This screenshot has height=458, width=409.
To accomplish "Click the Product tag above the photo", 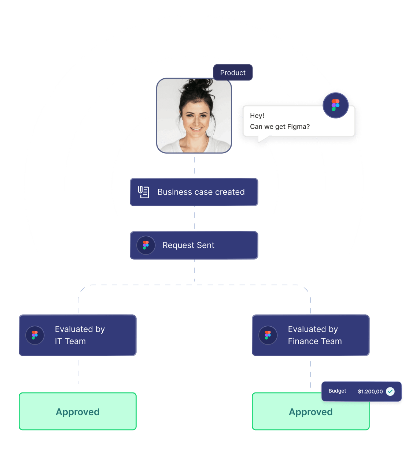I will click(233, 73).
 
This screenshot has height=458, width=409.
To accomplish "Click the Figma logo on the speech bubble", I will click(335, 105).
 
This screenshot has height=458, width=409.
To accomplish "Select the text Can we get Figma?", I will click(280, 127).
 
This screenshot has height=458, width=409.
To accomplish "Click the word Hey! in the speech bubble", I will click(257, 116).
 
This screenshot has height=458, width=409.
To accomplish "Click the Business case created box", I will click(194, 192).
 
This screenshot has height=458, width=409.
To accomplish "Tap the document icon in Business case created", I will click(143, 192).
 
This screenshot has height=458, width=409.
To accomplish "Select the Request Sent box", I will click(194, 245).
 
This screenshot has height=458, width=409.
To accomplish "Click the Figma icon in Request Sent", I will click(146, 245).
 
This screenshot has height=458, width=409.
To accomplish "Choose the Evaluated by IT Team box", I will click(78, 335).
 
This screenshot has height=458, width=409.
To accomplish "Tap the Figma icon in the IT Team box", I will click(35, 335).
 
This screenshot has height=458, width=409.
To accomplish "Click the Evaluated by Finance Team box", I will click(311, 335).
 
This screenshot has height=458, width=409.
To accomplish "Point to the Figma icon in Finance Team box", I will click(268, 335).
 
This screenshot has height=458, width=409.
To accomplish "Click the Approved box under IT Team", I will click(78, 412).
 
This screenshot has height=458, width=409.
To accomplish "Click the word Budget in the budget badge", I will click(337, 391).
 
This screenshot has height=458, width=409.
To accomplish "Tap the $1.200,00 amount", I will click(370, 391).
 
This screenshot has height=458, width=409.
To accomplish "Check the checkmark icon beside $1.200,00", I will click(390, 391).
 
